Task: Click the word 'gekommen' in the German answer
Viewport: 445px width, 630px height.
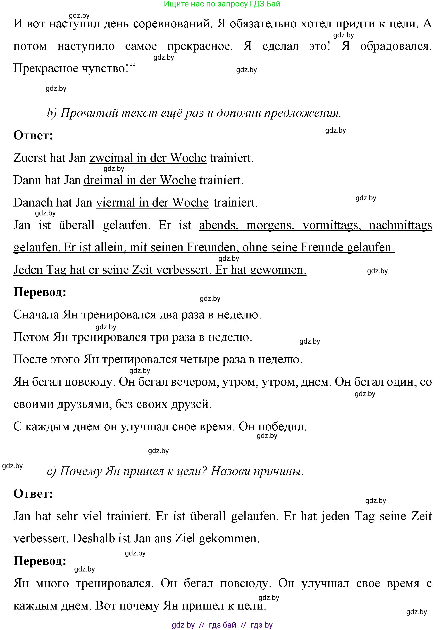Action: pyautogui.click(x=229, y=538)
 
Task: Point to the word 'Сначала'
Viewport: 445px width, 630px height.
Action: pyautogui.click(x=36, y=315)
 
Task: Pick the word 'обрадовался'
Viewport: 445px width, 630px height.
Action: pyautogui.click(x=396, y=46)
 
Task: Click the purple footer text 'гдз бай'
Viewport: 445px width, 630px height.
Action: pyautogui.click(x=222, y=625)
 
